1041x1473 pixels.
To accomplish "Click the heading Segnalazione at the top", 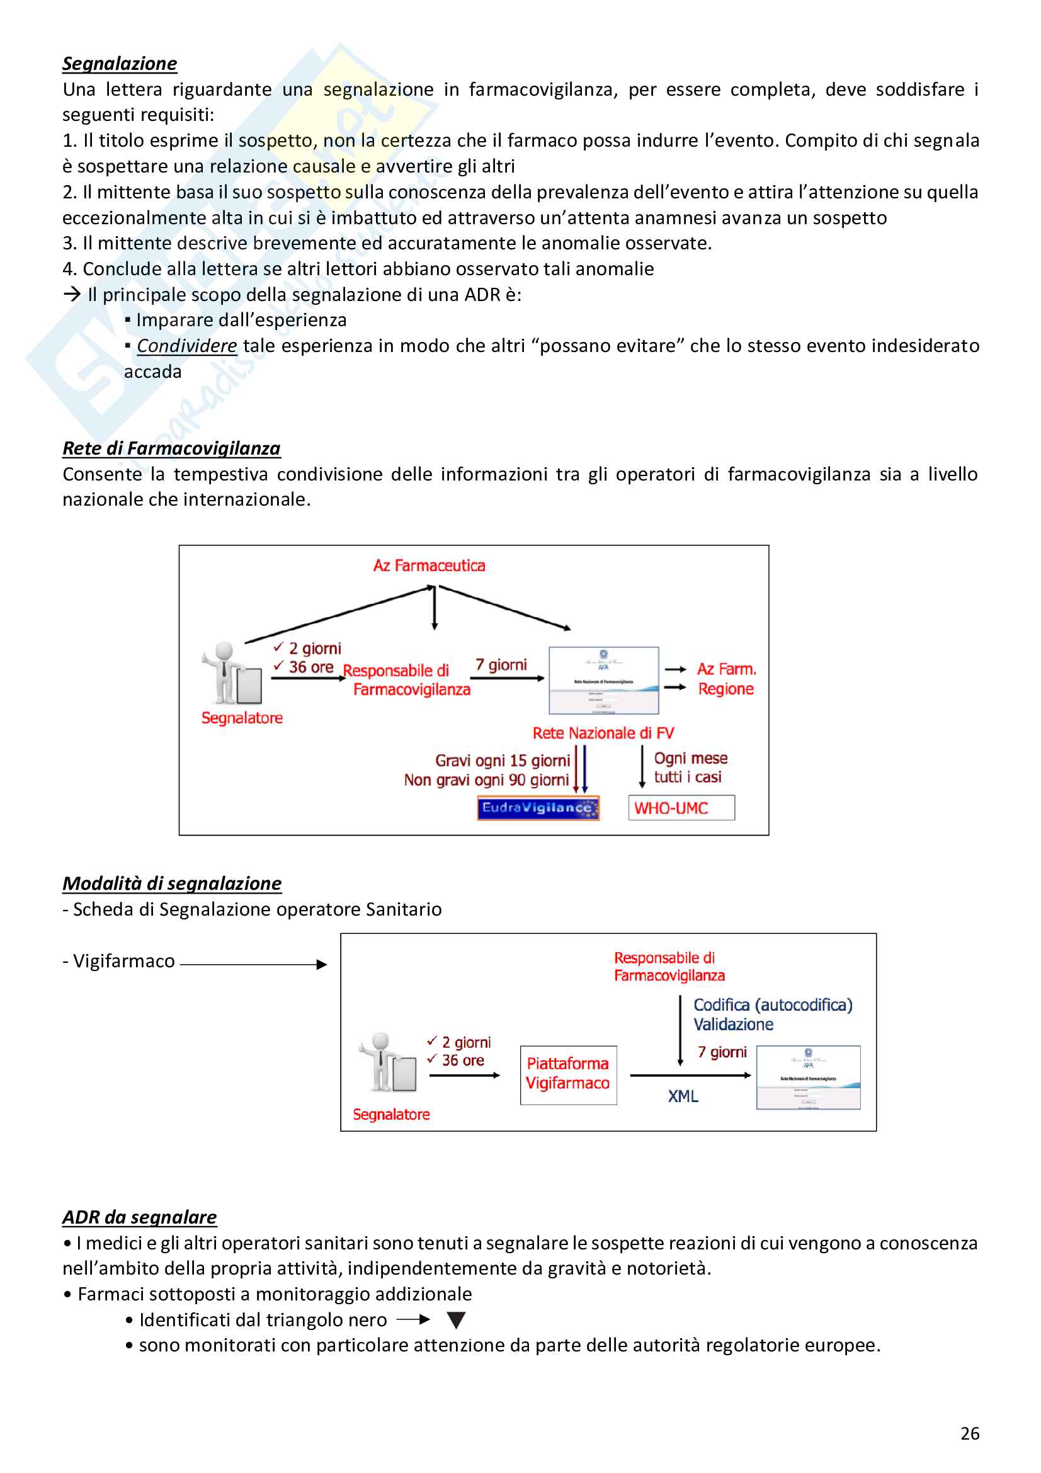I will (119, 64).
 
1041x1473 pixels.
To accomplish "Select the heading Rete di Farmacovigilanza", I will (171, 448).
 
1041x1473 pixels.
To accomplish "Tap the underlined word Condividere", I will (186, 346).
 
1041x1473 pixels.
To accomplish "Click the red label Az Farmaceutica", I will (429, 565).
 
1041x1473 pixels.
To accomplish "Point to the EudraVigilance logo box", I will (537, 808).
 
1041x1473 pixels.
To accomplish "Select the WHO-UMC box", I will (681, 808).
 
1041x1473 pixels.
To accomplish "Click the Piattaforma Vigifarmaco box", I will (567, 1074).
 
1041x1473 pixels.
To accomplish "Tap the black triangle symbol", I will (456, 1320).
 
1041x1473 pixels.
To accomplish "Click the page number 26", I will (970, 1433).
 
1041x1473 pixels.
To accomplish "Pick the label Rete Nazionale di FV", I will (603, 732).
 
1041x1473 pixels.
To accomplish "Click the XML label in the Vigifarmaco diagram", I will (683, 1096).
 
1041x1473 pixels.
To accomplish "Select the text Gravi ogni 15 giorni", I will (502, 760).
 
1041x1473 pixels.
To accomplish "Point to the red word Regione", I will (725, 688).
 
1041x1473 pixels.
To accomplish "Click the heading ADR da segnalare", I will (139, 1217).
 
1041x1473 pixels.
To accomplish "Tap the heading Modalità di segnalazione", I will (172, 884).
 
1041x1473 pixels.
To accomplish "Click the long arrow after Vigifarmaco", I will (253, 964).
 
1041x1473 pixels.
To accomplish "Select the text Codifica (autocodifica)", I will (772, 1004).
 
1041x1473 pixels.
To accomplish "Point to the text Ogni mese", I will (690, 758).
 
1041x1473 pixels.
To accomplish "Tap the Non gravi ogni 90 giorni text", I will (486, 780).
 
